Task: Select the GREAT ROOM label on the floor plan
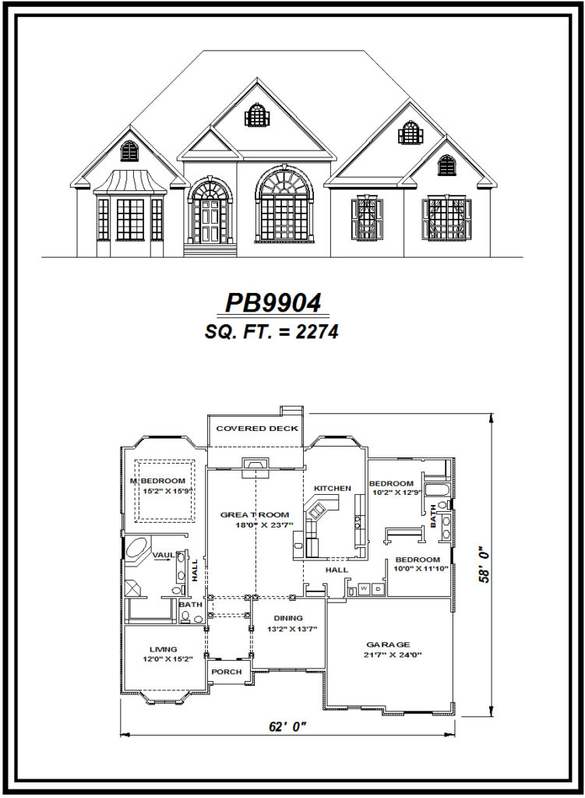[x=254, y=514]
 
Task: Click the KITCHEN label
[x=332, y=489]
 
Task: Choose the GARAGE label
[x=388, y=644]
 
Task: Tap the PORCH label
[x=227, y=672]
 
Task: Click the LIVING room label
[x=163, y=648]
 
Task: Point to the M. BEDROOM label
[x=158, y=481]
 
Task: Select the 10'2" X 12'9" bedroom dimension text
[x=397, y=492]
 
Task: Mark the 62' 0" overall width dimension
[x=287, y=726]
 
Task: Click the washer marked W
[x=363, y=588]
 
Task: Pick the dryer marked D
[x=378, y=588]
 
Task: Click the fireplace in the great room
[x=254, y=466]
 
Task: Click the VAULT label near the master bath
[x=164, y=555]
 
